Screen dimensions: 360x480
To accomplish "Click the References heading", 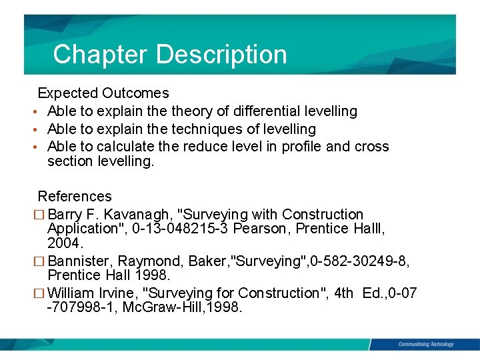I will tap(75, 197).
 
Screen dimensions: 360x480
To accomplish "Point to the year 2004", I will tap(65, 243).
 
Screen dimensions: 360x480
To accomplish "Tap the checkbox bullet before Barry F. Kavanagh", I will tap(42, 215).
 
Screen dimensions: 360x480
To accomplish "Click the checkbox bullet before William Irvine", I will tap(42, 293).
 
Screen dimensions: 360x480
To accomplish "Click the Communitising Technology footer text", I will tap(425, 344).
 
